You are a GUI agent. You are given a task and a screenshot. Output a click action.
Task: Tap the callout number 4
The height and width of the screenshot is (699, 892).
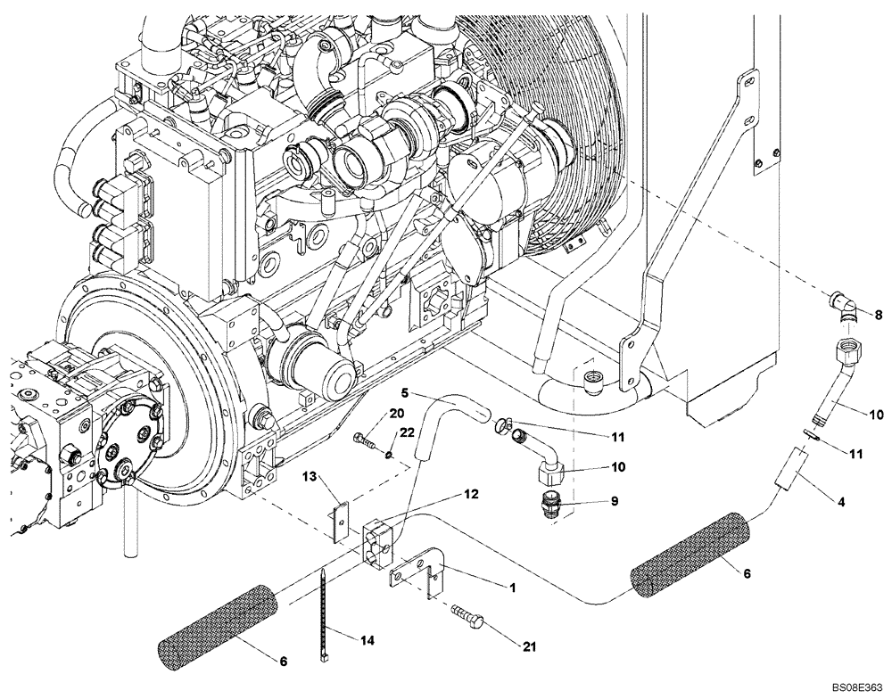click(840, 503)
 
